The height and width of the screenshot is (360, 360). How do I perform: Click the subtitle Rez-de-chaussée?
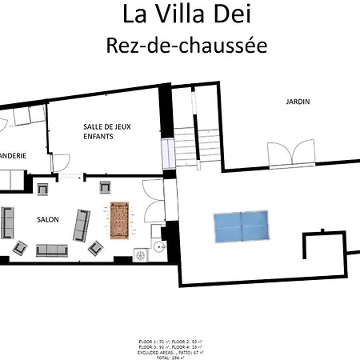[x=186, y=46]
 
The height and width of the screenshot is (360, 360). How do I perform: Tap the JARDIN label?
[x=298, y=102]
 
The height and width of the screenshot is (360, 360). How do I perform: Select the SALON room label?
[x=48, y=218]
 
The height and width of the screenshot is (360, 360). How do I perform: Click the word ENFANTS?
[x=98, y=138]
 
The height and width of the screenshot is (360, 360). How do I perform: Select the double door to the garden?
[x=305, y=151]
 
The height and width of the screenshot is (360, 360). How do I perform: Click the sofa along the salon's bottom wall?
[x=53, y=250]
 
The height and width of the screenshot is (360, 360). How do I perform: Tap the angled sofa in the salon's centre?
[x=82, y=225]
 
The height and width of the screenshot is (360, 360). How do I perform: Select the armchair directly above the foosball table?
[x=105, y=188]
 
